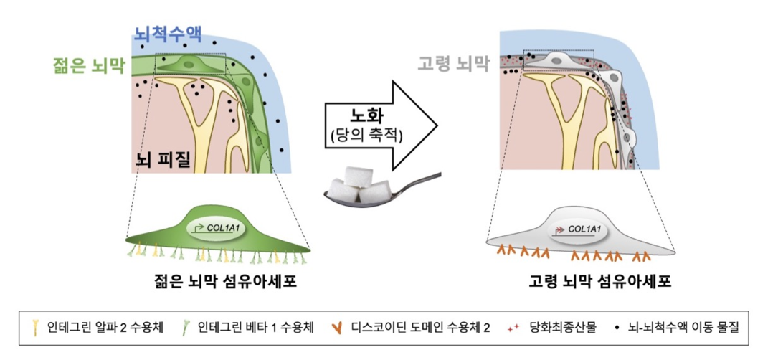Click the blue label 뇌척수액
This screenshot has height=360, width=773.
coord(167,33)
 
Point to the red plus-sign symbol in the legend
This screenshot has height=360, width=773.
coord(512,329)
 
